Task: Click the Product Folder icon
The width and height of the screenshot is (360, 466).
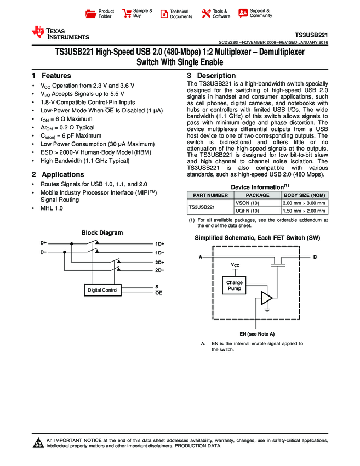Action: coord(91,14)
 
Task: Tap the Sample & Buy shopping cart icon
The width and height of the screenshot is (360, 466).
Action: coord(127,14)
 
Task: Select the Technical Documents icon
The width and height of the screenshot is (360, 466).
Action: coord(164,14)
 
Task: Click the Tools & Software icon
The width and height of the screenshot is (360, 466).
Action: coord(207,14)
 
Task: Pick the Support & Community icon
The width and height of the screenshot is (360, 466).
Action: coord(243,13)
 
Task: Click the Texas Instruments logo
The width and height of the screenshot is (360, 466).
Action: coord(60,33)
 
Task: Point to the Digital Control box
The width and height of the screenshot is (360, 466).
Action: coord(103,290)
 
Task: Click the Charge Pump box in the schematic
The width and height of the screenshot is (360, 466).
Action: coord(234,285)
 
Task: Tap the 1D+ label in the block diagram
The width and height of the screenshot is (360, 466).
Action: coord(159,243)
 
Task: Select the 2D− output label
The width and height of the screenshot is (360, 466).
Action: coord(159,270)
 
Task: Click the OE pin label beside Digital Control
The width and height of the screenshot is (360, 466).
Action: coord(158,294)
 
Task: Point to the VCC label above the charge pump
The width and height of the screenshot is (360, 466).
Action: coord(235,265)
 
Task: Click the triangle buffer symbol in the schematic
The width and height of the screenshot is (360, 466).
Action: coord(266,298)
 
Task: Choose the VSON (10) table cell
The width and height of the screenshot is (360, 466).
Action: coord(244,203)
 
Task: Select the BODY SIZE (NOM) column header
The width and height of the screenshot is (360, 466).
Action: coord(304,195)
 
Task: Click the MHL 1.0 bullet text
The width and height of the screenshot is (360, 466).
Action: coord(52,209)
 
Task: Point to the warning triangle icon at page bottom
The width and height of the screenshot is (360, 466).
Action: coord(38,443)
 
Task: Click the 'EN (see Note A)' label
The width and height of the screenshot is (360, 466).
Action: coord(257,334)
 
